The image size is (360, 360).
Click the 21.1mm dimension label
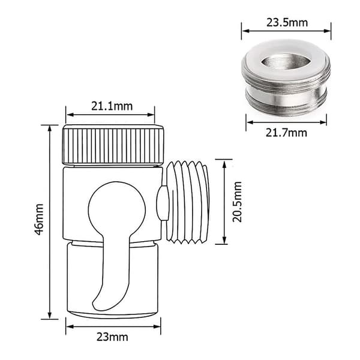click(112, 106)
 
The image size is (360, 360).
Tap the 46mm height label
click(39, 219)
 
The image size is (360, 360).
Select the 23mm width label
click(112, 337)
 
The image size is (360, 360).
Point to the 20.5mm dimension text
click(237, 202)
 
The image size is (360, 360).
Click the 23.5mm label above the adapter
click(287, 23)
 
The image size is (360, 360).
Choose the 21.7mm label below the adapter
click(286, 133)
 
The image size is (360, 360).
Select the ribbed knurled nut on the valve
click(113, 145)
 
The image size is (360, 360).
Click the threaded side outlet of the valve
click(188, 202)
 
